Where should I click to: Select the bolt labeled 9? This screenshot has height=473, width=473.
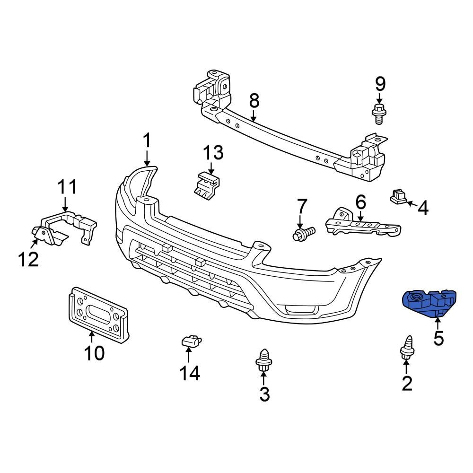[x=377, y=113]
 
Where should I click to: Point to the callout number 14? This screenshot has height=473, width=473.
[x=190, y=374]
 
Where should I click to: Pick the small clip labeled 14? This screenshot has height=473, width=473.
[x=191, y=341]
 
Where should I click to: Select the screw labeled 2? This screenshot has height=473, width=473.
[x=406, y=348]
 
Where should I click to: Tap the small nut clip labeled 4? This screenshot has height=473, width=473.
[x=398, y=196]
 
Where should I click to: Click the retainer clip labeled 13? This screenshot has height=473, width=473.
[x=207, y=184]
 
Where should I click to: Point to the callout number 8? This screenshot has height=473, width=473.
[x=254, y=100]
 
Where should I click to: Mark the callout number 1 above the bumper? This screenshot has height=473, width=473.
[x=147, y=140]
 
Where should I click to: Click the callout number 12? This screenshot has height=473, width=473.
[x=28, y=259]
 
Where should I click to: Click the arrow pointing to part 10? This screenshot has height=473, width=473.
[x=92, y=336]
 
